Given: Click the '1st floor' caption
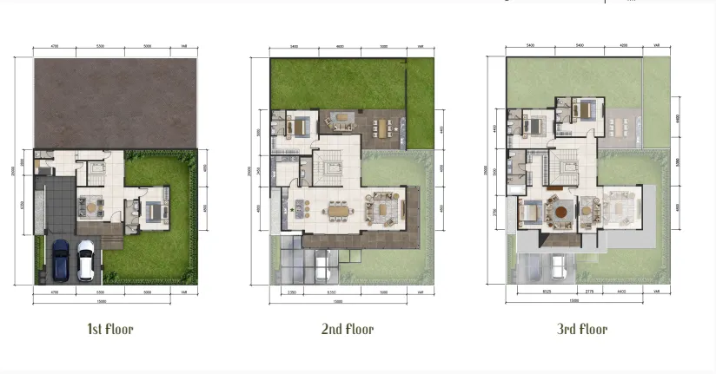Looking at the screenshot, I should point(109,329).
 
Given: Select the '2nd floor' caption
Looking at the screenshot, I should point(348,329).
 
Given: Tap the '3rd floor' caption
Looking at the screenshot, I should point(582,329).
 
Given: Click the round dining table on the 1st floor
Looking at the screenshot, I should point(90,207).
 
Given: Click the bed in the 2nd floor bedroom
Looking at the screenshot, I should point(300,126).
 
